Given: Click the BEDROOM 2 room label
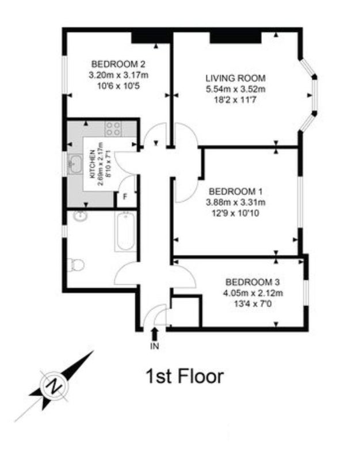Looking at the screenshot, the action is point(119,64).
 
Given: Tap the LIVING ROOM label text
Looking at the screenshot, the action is point(235,78).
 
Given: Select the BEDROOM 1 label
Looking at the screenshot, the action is point(235,191).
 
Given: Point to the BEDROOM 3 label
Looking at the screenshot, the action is point(253,282).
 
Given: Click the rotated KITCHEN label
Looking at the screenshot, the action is point(92,164).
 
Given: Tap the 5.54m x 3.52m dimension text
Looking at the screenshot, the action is point(235,89).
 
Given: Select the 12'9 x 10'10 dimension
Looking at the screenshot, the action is point(235,213).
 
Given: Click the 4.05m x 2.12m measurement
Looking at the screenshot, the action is point(253,293).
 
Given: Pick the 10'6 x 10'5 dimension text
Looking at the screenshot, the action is point(119,86).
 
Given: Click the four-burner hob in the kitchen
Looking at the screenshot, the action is point(113,129).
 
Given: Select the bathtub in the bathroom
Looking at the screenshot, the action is point(125,231).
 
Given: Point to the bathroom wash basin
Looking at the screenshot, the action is point(79,216).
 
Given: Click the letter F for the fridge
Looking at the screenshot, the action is point(125,197).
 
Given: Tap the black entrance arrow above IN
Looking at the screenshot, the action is point(155,334).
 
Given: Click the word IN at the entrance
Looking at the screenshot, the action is point(155,347).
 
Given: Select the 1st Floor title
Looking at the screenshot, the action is point(185,377).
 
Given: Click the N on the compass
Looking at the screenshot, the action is point(54,386).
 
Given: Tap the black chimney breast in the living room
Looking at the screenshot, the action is point(235,37).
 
